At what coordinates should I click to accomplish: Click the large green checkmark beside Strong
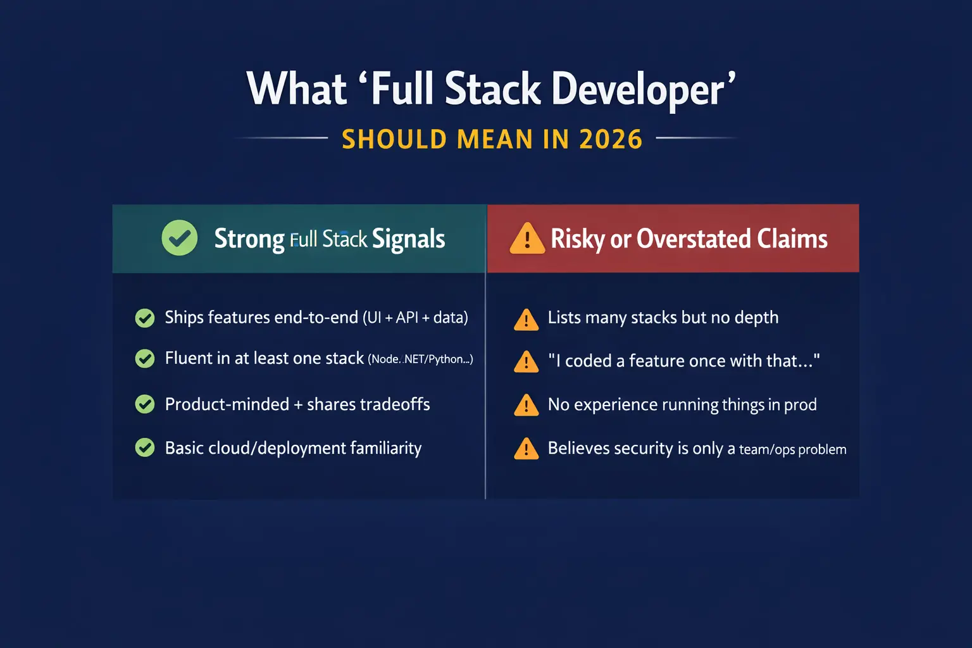180,238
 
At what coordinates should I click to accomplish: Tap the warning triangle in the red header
526,239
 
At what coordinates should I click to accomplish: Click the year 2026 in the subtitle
611,139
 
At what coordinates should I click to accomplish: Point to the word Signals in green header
408,239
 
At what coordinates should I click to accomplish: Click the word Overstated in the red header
694,239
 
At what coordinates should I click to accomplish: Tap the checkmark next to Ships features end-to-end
145,318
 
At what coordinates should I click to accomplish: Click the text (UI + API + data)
415,318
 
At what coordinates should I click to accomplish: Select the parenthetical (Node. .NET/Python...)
420,359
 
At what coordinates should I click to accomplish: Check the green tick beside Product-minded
145,404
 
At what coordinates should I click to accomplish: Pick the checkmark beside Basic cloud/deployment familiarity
145,448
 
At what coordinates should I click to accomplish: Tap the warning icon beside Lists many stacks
526,320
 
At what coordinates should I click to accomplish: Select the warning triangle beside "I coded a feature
526,362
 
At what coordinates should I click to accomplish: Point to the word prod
801,405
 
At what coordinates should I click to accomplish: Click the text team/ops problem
792,449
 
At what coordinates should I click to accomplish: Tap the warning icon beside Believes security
526,449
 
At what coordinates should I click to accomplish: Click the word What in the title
297,89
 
